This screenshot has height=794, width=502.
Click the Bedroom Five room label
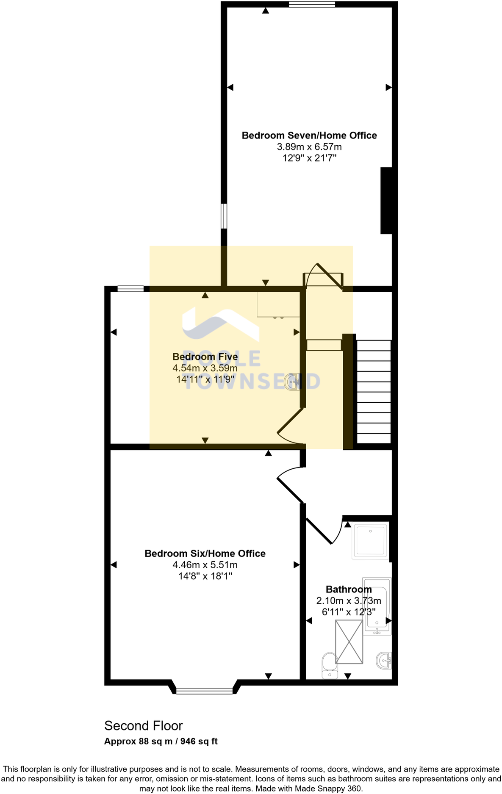pos(205,357)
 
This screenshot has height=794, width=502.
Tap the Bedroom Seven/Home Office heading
pos(309,136)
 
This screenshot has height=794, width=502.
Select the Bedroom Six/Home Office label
pos(205,553)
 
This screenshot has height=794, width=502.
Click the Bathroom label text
pos(349,589)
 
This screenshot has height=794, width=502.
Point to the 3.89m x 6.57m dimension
pos(309,147)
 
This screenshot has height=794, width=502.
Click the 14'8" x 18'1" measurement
pos(205,576)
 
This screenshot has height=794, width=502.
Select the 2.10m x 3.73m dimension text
pos(349,601)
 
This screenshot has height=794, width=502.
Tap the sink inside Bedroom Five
pos(293,382)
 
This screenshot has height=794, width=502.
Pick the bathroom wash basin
pos(384,660)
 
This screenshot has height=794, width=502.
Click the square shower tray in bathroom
pos(370,540)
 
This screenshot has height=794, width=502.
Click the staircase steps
pos(374,392)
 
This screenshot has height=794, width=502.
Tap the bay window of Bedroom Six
pos(204,691)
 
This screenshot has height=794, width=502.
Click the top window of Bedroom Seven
pos(312,5)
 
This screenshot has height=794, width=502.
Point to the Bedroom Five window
pos(130,289)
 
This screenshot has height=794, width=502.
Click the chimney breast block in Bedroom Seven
pos(386,201)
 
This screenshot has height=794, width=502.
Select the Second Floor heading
pos(143,726)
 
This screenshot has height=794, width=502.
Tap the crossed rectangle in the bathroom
pos(349,642)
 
